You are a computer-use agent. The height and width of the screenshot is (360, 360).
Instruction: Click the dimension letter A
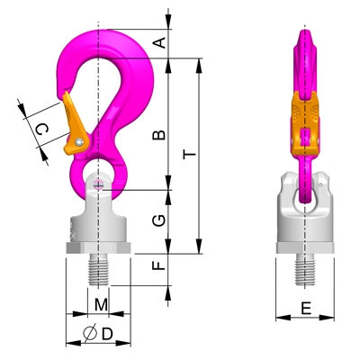pyautogui.click(x=158, y=41)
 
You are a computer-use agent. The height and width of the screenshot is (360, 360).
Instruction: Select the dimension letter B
pyautogui.click(x=157, y=135)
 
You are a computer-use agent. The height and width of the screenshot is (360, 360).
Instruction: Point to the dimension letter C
pyautogui.click(x=40, y=131)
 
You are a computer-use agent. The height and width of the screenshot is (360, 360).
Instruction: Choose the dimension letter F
pyautogui.click(x=157, y=267)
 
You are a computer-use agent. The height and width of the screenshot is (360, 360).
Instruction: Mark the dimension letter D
pyautogui.click(x=106, y=334)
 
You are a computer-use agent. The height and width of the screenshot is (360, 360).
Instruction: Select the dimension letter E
pyautogui.click(x=306, y=309)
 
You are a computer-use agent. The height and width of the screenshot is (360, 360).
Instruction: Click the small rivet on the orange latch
pyautogui.click(x=80, y=141)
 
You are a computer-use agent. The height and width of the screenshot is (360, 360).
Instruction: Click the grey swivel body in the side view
pyautogui.click(x=306, y=220)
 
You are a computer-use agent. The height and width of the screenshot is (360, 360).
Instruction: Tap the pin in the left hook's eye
pyautogui.click(x=97, y=184)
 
